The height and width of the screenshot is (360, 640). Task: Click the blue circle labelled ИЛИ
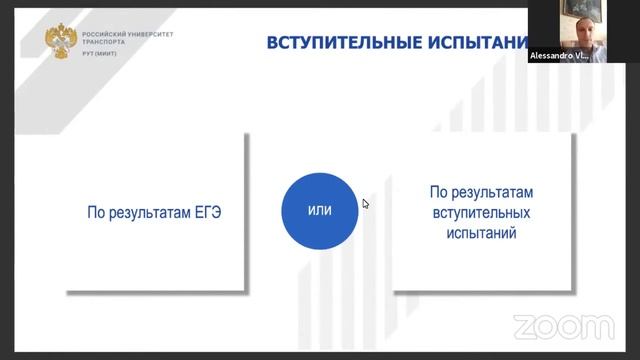[x=319, y=211]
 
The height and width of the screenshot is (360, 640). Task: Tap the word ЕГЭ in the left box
[x=204, y=211]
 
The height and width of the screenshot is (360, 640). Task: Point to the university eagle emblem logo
[x=59, y=41]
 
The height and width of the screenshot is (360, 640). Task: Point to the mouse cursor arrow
[x=366, y=204]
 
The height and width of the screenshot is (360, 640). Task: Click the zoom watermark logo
[x=563, y=326]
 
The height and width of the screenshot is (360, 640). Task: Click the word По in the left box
[x=96, y=211]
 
